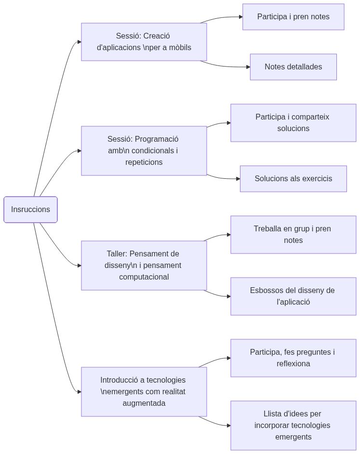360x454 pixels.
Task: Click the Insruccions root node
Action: point(30,210)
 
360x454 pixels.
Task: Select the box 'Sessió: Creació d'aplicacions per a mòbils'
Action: point(144,42)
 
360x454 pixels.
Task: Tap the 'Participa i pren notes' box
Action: point(293,17)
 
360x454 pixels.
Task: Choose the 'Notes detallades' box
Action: point(293,67)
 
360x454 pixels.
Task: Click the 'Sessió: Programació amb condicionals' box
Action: point(144,151)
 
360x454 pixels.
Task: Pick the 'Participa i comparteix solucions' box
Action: point(293,123)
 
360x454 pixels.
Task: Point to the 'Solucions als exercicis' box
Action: point(293,179)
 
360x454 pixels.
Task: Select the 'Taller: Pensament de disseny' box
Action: point(144,266)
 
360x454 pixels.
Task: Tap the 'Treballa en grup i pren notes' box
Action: point(293,235)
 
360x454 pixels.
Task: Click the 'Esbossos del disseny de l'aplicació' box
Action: point(293,296)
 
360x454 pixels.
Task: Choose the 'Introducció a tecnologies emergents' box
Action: point(144,392)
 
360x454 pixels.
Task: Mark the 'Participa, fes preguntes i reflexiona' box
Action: point(293,358)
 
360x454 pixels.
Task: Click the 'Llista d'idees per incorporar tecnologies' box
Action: point(293,426)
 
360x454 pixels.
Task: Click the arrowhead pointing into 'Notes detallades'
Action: point(247,67)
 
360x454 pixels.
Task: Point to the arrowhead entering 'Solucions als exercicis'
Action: point(238,179)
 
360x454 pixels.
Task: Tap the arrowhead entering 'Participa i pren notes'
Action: point(240,17)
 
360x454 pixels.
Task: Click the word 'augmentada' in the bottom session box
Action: point(144,403)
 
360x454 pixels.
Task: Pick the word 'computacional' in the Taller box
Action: point(144,277)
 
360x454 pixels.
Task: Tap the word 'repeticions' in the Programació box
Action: point(144,162)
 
